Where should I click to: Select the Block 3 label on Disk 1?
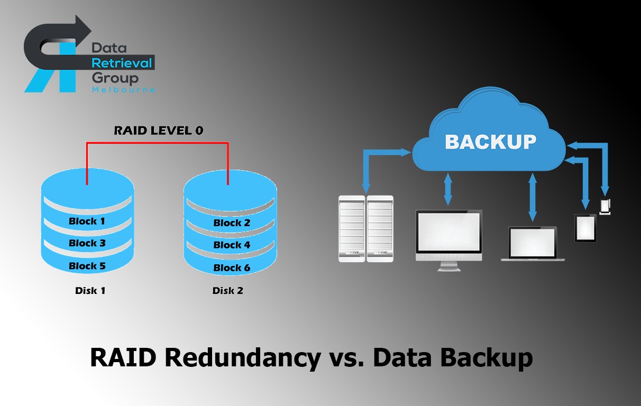coord(87,244)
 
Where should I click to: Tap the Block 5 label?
coord(87,266)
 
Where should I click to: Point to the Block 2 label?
coord(232,223)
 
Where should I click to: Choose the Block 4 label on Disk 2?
coord(232,245)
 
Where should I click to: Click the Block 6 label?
coord(232,268)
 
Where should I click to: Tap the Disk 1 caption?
coord(90,290)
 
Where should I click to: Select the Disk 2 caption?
coord(228,290)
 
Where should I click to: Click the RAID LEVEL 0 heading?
coord(159,131)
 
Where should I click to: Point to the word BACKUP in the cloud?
coord(491,142)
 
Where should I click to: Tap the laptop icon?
coord(533,244)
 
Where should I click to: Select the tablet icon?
coord(585,228)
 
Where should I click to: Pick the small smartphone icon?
coord(605,206)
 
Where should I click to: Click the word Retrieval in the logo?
coord(122,63)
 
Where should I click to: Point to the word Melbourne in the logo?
coord(123,90)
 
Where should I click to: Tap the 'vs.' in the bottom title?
coord(346,357)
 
